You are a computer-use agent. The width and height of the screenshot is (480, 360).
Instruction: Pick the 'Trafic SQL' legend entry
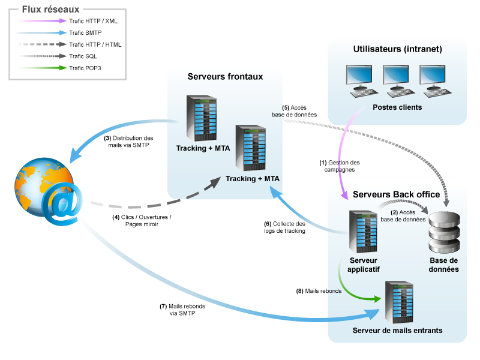click(x=83, y=56)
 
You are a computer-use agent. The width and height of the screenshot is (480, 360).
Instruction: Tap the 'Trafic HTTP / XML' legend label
click(x=94, y=20)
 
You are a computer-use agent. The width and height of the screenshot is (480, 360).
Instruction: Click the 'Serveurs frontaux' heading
click(x=225, y=76)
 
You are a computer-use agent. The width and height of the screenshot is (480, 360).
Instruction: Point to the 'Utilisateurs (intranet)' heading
click(x=397, y=49)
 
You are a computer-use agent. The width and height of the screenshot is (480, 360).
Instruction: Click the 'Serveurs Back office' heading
click(x=397, y=194)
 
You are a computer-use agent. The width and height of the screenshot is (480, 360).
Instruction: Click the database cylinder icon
click(x=445, y=231)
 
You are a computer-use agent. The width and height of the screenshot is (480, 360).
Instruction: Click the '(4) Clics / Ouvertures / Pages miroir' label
click(x=142, y=221)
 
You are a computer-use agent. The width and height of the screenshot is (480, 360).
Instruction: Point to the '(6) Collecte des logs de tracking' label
click(x=285, y=227)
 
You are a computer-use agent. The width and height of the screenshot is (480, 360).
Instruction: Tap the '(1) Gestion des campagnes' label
click(x=340, y=166)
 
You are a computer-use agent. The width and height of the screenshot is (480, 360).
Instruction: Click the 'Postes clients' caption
click(x=397, y=107)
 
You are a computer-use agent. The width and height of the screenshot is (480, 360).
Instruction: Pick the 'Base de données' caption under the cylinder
click(x=445, y=265)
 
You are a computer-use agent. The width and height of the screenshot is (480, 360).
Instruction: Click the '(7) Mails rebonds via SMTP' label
click(x=182, y=310)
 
